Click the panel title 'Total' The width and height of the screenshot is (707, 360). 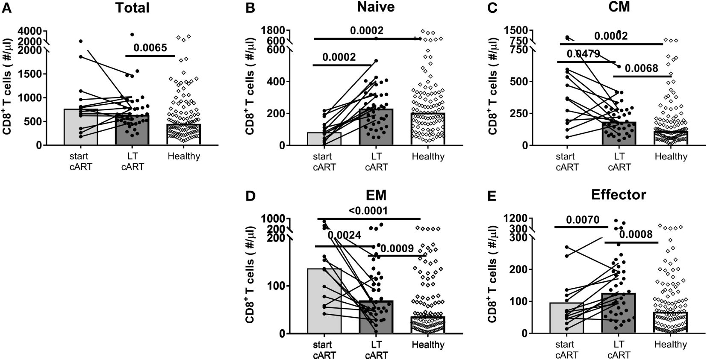(132, 7)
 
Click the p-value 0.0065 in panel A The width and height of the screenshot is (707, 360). (150, 48)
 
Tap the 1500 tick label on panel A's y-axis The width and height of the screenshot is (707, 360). (30, 74)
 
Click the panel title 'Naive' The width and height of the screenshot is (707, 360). (376, 7)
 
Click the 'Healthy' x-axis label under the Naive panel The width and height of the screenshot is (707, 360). (428, 156)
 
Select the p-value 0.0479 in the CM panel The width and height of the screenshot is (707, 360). (583, 54)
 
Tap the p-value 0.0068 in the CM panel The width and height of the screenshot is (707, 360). (642, 68)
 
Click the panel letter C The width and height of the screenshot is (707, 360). (492, 8)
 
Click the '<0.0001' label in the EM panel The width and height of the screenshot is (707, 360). (368, 211)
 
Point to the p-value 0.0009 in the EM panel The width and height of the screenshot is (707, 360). (397, 248)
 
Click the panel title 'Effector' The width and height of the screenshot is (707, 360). (619, 195)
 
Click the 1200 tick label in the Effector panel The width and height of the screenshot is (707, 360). (516, 218)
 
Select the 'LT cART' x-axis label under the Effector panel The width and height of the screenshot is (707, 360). (619, 349)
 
